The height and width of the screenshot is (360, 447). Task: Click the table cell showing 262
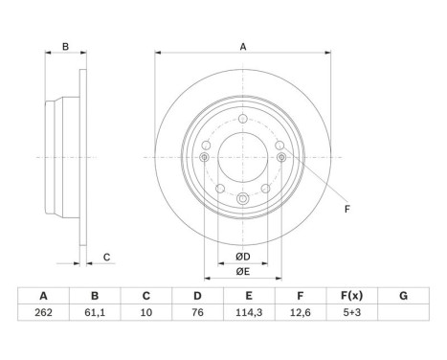[x=43, y=312]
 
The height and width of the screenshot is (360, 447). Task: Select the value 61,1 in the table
[x=95, y=312]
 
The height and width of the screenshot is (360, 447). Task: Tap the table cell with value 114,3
[x=249, y=312]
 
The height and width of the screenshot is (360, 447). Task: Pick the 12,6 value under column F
[x=301, y=312]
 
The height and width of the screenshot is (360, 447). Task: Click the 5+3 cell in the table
[x=352, y=312]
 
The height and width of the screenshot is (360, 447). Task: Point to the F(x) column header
[x=352, y=296]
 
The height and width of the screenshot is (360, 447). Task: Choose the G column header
[x=403, y=296]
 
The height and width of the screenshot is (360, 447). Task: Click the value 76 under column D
[x=197, y=312]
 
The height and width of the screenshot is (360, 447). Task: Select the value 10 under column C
[x=146, y=312]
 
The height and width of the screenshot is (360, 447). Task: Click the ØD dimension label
[x=243, y=257]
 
